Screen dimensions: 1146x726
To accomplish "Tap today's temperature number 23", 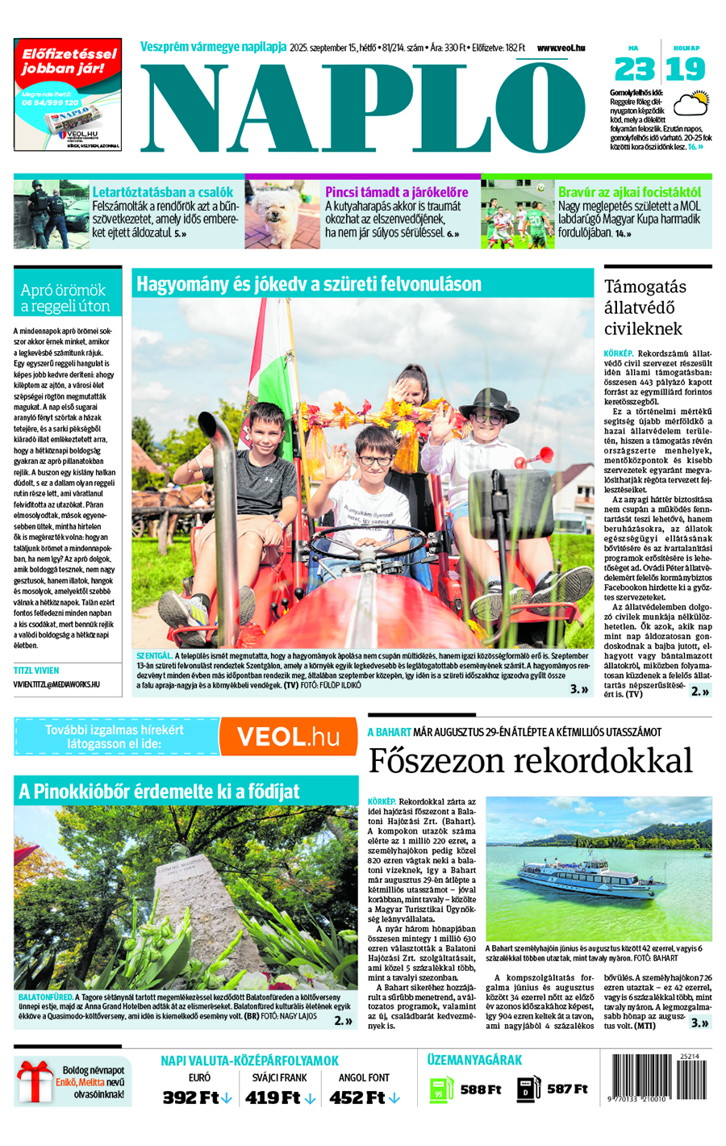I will [x=635, y=69].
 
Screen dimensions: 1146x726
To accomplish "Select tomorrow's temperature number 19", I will [x=686, y=69].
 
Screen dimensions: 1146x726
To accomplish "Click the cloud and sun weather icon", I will [x=691, y=104].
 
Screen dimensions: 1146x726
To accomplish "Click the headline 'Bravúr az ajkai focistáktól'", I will [x=629, y=192].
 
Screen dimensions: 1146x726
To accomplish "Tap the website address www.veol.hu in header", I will [x=561, y=48].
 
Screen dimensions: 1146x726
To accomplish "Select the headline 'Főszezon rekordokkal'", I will [x=530, y=760].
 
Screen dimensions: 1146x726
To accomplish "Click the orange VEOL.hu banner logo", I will [x=288, y=737].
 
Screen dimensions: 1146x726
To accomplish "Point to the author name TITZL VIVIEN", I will [x=36, y=671].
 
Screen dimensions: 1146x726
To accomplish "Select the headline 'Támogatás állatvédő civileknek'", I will [x=645, y=307].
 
